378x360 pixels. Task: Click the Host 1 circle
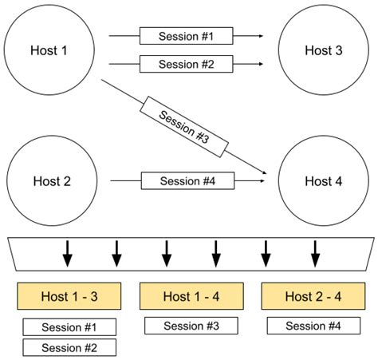click(x=49, y=50)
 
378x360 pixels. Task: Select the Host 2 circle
click(x=52, y=181)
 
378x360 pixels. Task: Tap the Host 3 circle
click(x=323, y=50)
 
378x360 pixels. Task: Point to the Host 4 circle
click(x=323, y=181)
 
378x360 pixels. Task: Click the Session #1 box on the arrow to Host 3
click(x=185, y=36)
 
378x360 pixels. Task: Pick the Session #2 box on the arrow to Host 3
click(x=185, y=64)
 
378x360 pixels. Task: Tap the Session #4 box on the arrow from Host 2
click(x=188, y=181)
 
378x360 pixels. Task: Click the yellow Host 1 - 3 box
click(x=69, y=296)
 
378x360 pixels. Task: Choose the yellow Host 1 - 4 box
click(x=191, y=296)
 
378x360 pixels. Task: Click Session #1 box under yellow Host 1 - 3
click(x=69, y=326)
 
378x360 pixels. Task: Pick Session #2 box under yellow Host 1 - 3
click(x=69, y=347)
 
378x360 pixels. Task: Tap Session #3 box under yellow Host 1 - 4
click(x=191, y=326)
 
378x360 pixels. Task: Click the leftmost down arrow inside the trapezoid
click(x=67, y=255)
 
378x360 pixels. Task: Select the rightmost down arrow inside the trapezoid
click(x=314, y=255)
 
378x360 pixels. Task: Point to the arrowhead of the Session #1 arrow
click(x=259, y=36)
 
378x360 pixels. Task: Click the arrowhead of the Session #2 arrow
click(x=259, y=64)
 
